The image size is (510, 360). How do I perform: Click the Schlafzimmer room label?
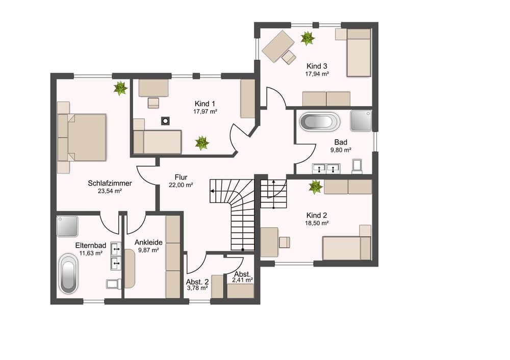pyautogui.click(x=110, y=183)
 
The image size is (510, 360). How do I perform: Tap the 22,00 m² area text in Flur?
pyautogui.click(x=181, y=185)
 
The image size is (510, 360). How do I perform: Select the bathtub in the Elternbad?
pyautogui.click(x=68, y=273)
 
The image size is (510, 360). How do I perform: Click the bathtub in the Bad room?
pyautogui.click(x=319, y=122)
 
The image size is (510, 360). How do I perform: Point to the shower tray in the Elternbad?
pyautogui.click(x=67, y=226)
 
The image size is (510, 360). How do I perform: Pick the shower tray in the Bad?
pyautogui.click(x=361, y=121)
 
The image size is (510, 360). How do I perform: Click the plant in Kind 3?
pyautogui.click(x=308, y=38)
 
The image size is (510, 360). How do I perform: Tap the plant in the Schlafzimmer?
pyautogui.click(x=120, y=88)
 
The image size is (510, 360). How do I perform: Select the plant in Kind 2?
pyautogui.click(x=316, y=187)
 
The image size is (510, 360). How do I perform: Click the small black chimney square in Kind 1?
pyautogui.click(x=166, y=121)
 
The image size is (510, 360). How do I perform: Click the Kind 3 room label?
pyautogui.click(x=317, y=66)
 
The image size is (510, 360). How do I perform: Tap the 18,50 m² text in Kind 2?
pyautogui.click(x=317, y=223)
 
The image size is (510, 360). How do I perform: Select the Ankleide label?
pyautogui.click(x=148, y=242)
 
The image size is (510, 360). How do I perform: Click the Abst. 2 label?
pyautogui.click(x=197, y=281)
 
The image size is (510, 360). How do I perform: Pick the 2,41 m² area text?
pyautogui.click(x=243, y=279)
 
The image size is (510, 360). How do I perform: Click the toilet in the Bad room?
pyautogui.click(x=357, y=166)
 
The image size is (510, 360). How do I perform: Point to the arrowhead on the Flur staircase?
pyautogui.click(x=212, y=191)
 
